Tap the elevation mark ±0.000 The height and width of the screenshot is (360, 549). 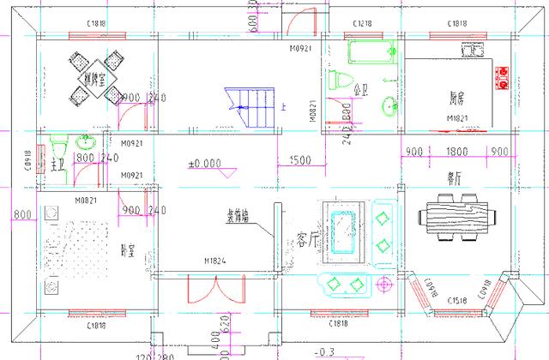pyautogui.click(x=204, y=163)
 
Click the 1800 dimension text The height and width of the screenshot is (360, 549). pyautogui.click(x=457, y=153)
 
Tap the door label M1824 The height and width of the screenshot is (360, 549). pyautogui.click(x=215, y=260)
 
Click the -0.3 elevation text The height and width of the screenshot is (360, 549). pyautogui.click(x=324, y=351)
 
